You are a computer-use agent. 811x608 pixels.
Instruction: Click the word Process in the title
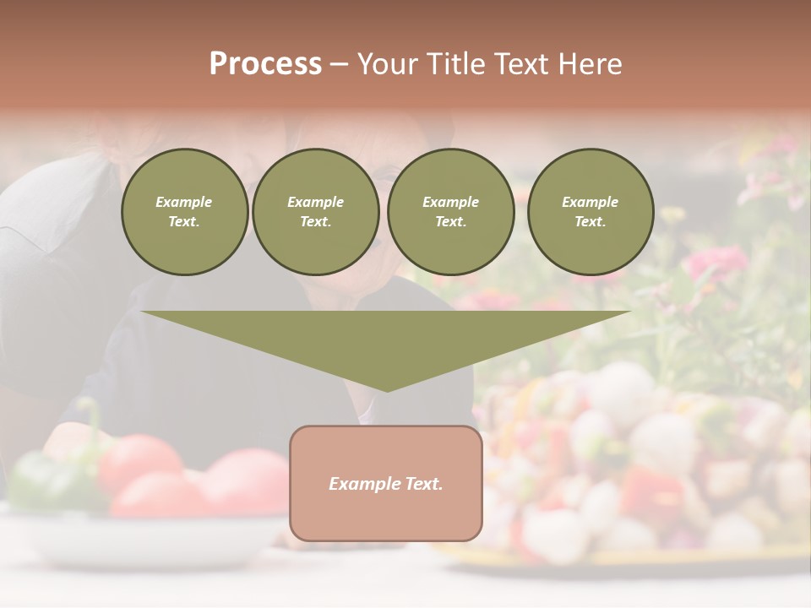click(265, 64)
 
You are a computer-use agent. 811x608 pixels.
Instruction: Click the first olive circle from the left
click(184, 212)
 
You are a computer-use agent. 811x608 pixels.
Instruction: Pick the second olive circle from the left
click(315, 212)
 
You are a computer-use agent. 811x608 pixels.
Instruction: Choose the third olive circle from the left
click(450, 212)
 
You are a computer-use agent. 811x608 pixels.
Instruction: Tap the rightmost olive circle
click(590, 212)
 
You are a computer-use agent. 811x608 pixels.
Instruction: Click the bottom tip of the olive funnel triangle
click(387, 389)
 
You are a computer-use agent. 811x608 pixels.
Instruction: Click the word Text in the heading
click(520, 64)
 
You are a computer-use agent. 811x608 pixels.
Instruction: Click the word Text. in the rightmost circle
click(590, 222)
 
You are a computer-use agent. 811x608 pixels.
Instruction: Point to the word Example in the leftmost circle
click(184, 202)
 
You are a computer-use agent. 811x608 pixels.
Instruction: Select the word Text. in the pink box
click(422, 484)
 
